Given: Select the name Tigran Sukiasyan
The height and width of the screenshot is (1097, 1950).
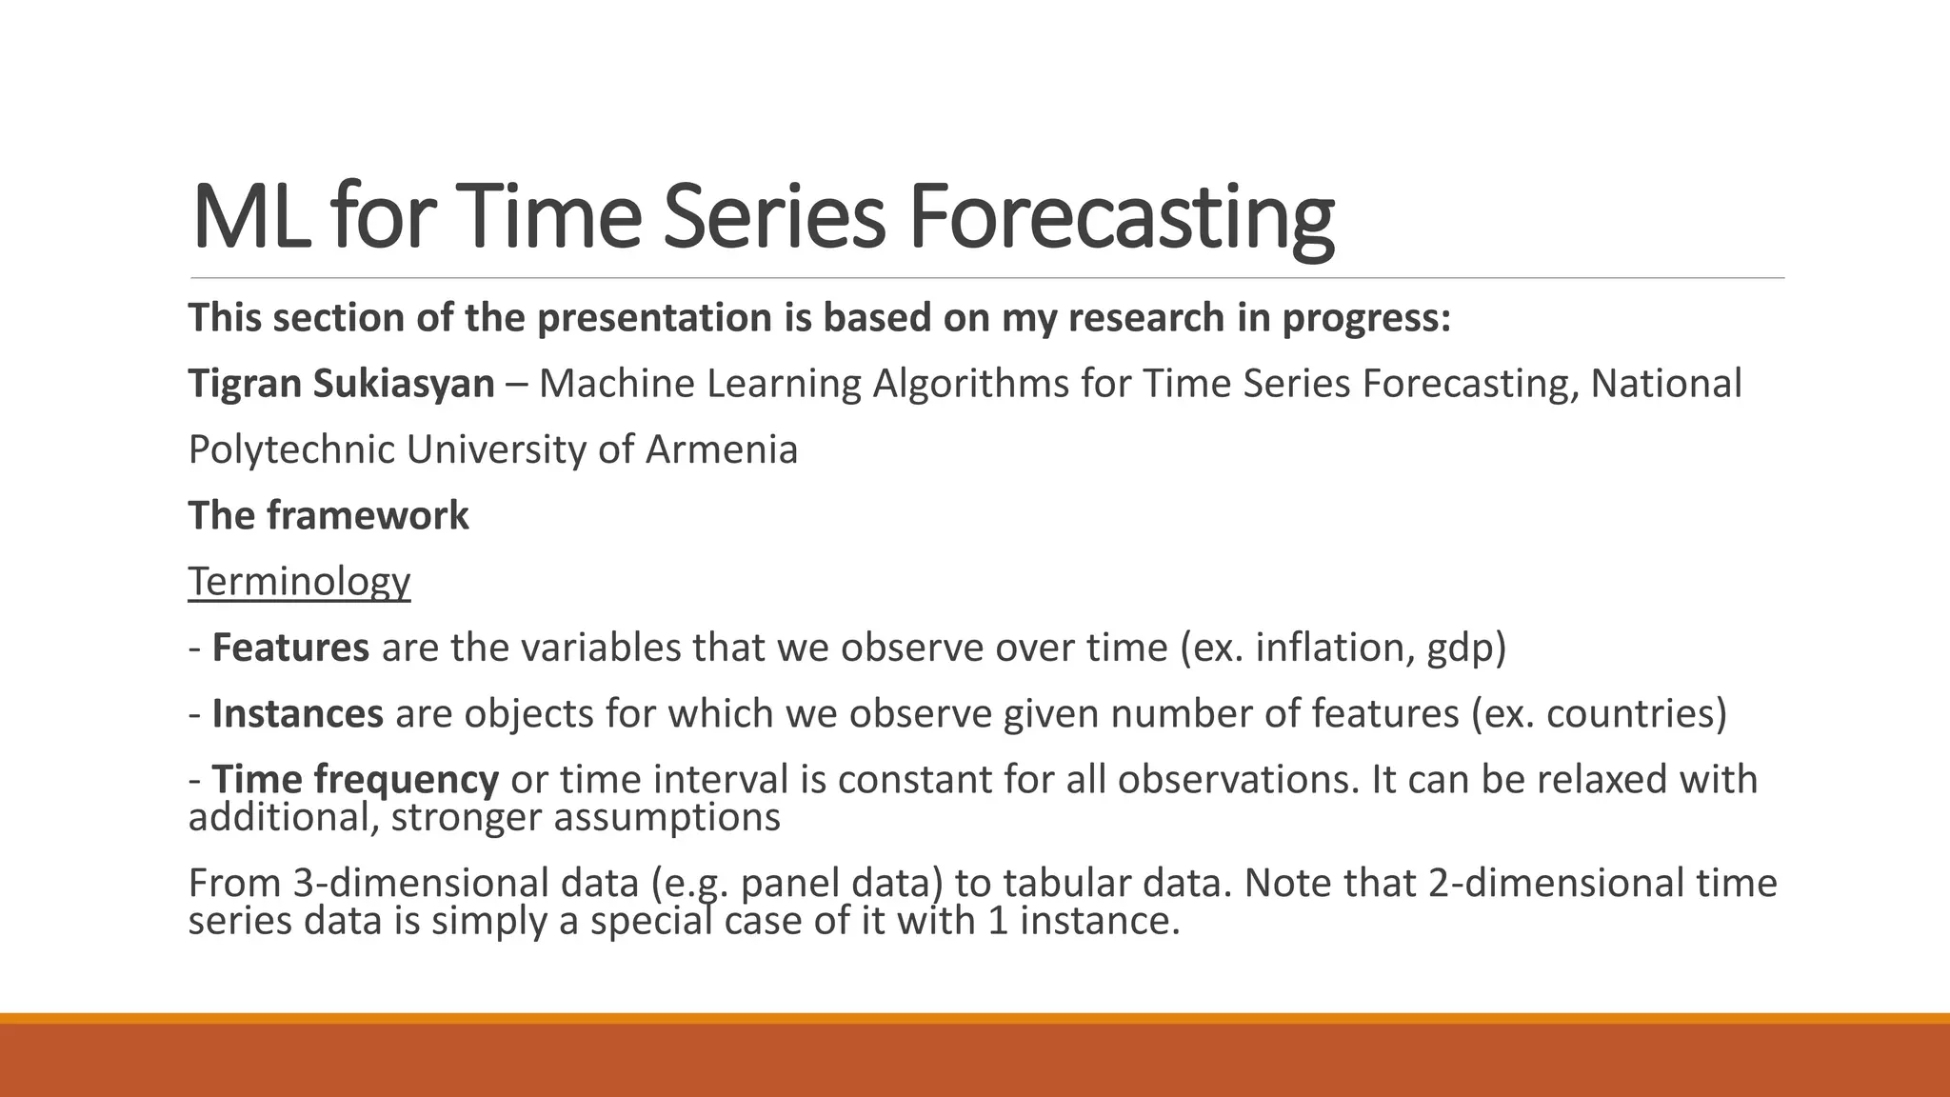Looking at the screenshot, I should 341,384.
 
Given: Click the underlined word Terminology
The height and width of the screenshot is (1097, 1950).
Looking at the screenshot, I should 299,582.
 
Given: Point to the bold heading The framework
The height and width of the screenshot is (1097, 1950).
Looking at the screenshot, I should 328,516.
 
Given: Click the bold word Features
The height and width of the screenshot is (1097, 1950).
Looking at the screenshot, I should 290,648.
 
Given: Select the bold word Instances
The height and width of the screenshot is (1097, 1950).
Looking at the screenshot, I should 297,713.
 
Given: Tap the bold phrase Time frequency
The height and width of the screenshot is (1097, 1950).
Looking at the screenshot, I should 354,779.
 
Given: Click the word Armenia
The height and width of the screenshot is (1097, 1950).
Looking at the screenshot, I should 722,449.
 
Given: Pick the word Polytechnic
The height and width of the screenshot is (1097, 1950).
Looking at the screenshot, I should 291,449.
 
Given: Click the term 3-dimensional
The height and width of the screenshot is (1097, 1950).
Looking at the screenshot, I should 465,883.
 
